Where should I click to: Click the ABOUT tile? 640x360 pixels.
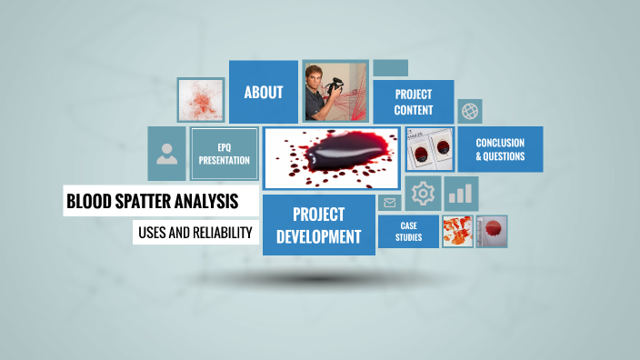(264, 92)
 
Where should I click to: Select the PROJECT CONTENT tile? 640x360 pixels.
(414, 102)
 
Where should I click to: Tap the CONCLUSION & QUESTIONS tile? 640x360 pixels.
(500, 149)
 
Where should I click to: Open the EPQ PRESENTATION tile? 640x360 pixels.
(224, 154)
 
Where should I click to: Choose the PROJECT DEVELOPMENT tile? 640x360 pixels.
(318, 225)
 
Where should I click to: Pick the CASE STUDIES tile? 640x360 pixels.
(407, 231)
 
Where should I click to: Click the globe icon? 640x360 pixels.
(470, 111)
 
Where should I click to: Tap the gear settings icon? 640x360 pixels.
(423, 194)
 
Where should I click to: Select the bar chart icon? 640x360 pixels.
(462, 194)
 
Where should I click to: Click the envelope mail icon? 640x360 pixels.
(391, 203)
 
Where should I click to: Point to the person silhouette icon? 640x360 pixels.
(167, 154)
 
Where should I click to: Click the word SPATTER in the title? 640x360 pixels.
(149, 201)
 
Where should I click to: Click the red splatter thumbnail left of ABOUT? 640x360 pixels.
(201, 100)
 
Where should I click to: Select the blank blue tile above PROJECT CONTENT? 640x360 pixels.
(390, 68)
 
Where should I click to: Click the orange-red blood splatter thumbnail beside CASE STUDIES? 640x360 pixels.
(456, 231)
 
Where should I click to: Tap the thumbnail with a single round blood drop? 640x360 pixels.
(493, 231)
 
